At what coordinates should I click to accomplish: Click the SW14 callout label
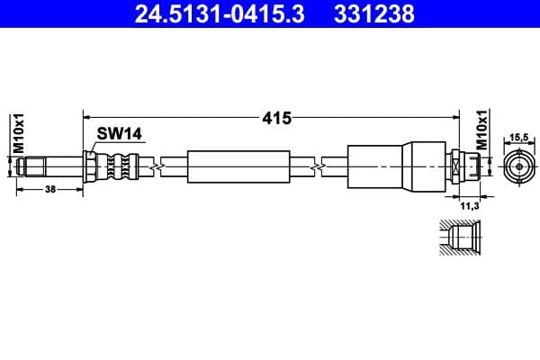pyautogui.click(x=120, y=133)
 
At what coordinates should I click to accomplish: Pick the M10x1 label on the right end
pyautogui.click(x=481, y=132)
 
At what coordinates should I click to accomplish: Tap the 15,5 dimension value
pyautogui.click(x=517, y=137)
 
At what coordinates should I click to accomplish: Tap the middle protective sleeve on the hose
pyautogui.click(x=238, y=167)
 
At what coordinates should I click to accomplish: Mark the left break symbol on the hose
pyautogui.click(x=158, y=167)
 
